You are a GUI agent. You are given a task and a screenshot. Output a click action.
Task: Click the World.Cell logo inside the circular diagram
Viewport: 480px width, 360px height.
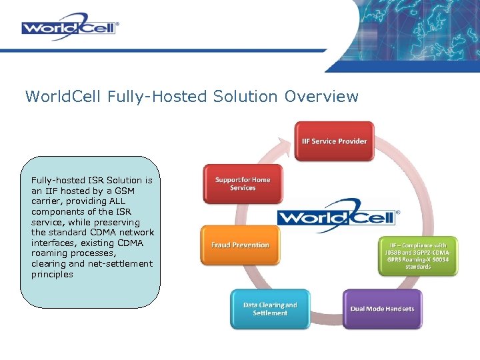(337, 216)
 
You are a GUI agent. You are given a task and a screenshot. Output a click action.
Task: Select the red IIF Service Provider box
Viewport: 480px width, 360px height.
(334, 141)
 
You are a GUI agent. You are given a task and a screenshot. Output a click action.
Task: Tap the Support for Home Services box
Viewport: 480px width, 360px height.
(243, 183)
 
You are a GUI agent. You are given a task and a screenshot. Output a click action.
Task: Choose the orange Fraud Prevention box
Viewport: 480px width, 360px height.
(240, 245)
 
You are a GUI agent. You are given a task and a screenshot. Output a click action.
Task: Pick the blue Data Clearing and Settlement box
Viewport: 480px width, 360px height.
(270, 309)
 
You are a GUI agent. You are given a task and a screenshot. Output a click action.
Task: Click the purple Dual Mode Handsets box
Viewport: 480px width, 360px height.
(382, 309)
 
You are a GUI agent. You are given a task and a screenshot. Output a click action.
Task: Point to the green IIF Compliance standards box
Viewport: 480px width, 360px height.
(418, 256)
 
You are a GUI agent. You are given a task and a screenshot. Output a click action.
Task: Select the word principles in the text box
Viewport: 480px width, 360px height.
(52, 274)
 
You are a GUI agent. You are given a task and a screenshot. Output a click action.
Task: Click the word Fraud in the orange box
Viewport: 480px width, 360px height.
(221, 245)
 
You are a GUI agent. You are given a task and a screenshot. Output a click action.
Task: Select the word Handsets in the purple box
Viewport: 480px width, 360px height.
(398, 309)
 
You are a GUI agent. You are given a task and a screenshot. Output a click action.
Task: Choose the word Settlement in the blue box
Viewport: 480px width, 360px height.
(270, 313)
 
